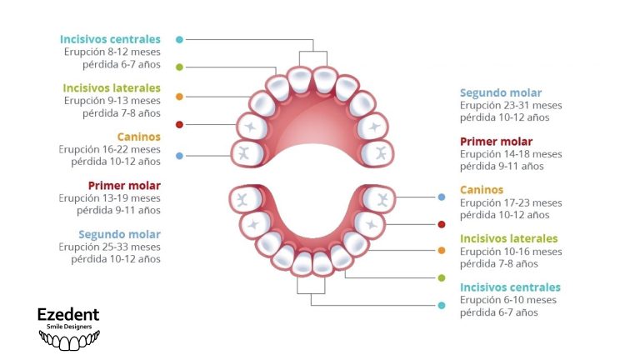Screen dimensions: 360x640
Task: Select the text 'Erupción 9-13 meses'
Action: click(112, 101)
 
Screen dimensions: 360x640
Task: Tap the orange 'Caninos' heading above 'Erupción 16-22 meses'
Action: click(138, 136)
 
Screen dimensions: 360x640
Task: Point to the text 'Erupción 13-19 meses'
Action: click(109, 198)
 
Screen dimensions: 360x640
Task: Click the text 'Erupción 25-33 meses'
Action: click(109, 247)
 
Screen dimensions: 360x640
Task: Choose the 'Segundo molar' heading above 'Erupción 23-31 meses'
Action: click(501, 92)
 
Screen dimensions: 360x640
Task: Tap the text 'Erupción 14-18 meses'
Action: click(511, 154)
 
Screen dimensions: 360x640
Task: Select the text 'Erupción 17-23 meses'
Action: click(511, 202)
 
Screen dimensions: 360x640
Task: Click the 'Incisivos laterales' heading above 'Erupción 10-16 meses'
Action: click(509, 238)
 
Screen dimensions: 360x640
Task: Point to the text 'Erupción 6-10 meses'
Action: click(507, 300)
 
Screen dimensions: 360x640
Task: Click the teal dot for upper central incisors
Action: click(179, 39)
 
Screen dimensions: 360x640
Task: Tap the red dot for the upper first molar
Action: click(179, 125)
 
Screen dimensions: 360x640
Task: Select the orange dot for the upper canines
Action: click(179, 97)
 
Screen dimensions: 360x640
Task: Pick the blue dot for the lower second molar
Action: click(442, 197)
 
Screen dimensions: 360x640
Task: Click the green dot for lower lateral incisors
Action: click(442, 277)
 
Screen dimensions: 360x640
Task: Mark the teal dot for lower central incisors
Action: click(442, 305)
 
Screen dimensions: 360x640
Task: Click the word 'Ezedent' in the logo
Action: click(68, 314)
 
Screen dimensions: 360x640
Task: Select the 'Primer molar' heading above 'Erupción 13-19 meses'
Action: click(124, 185)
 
